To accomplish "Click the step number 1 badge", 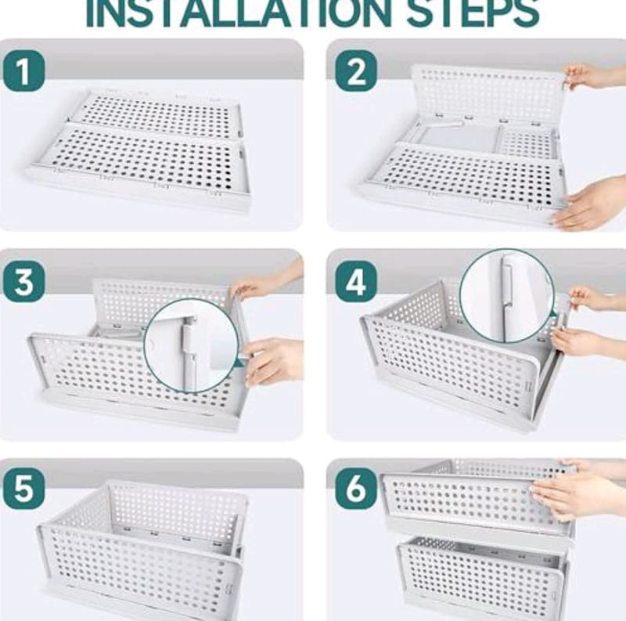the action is click(x=24, y=71).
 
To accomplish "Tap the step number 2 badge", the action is click(x=356, y=71).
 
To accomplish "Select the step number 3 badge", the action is click(x=24, y=282).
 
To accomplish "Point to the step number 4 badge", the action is click(x=356, y=282).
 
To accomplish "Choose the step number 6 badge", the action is click(x=356, y=489).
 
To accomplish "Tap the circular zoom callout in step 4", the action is click(x=507, y=296).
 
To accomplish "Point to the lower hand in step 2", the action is click(x=590, y=205).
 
